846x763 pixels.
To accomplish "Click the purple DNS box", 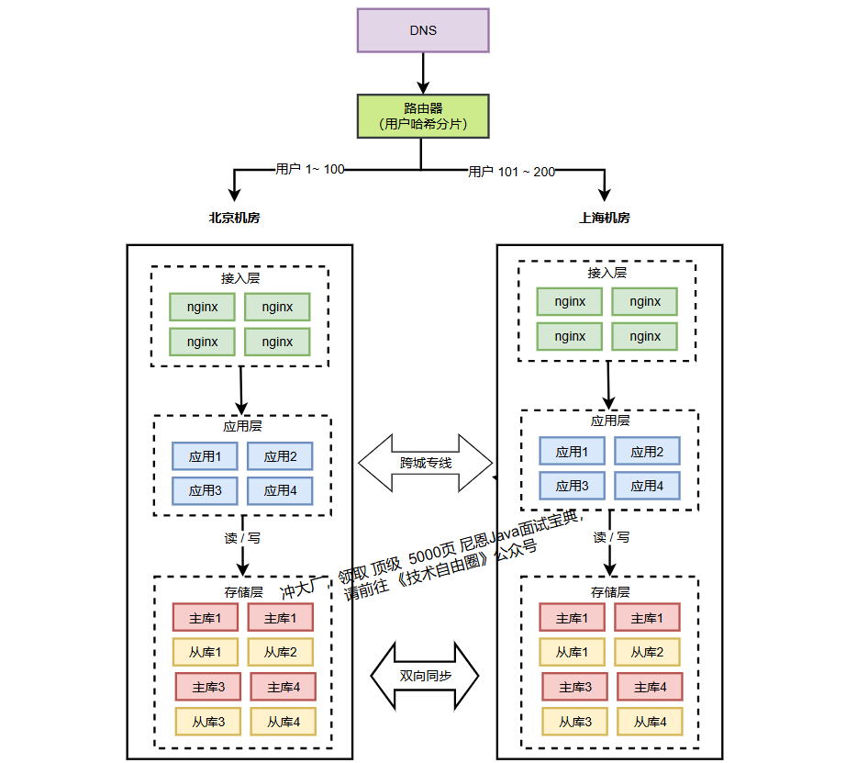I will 423,30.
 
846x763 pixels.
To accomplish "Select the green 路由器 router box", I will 423,116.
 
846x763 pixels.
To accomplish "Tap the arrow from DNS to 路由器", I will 423,73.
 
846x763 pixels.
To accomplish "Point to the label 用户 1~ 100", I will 309,169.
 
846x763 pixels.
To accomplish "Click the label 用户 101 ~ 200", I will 511,172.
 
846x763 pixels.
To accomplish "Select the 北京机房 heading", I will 234,219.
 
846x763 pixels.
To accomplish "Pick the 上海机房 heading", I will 605,219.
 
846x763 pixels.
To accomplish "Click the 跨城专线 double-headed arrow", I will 426,462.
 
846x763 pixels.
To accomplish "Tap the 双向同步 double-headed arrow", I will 426,676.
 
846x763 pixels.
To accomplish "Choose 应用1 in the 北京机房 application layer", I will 205,456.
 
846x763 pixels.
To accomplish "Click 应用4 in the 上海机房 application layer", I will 647,486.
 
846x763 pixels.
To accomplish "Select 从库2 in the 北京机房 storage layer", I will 280,652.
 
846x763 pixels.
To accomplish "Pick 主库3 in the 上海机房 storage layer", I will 573,687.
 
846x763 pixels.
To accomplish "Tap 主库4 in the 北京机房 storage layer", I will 283,686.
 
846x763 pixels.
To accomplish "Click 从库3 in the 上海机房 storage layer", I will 575,722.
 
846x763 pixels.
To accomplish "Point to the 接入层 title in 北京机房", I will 239,278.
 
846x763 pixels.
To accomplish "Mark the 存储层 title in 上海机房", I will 609,592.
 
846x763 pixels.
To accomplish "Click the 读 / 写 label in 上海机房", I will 611,537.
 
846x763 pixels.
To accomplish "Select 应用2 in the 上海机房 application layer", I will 647,451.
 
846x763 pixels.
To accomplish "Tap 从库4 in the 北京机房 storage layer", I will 284,722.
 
